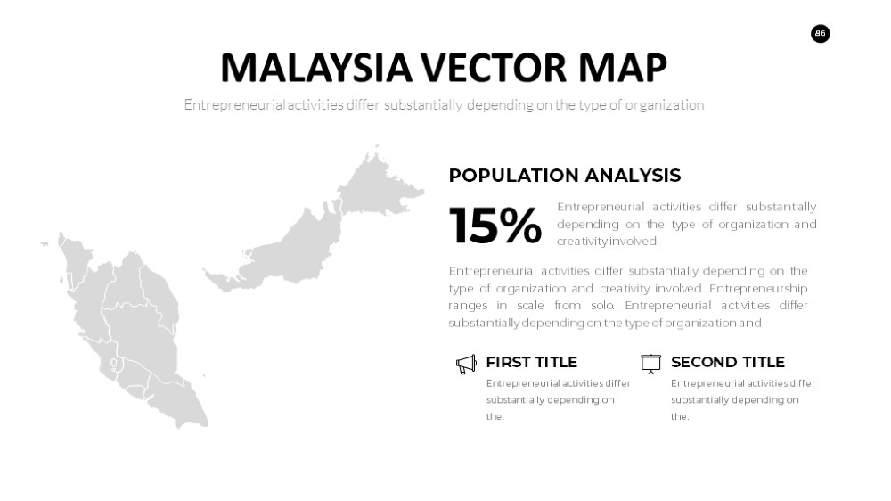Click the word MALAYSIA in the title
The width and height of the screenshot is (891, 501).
tap(316, 68)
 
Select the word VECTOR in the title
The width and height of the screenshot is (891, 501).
tap(494, 68)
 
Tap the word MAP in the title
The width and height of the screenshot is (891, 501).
tap(622, 68)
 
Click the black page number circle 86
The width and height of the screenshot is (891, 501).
tap(820, 34)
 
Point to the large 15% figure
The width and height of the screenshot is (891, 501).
tap(495, 226)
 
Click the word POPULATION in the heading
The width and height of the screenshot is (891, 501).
tap(514, 175)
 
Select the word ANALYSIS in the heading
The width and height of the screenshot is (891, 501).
tap(633, 175)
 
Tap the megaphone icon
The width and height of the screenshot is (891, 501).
tap(466, 365)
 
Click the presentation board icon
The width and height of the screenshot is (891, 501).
tap(650, 364)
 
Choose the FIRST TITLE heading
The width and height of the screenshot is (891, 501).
tap(531, 362)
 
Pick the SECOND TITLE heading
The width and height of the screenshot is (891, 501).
tap(727, 362)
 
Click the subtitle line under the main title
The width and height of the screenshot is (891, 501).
tap(444, 105)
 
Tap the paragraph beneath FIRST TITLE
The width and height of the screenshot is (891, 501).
tap(558, 399)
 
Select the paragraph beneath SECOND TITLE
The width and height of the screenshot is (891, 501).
tap(743, 399)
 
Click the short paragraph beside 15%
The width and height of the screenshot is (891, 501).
tap(686, 224)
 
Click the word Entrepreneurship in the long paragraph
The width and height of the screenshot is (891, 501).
tap(758, 288)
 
